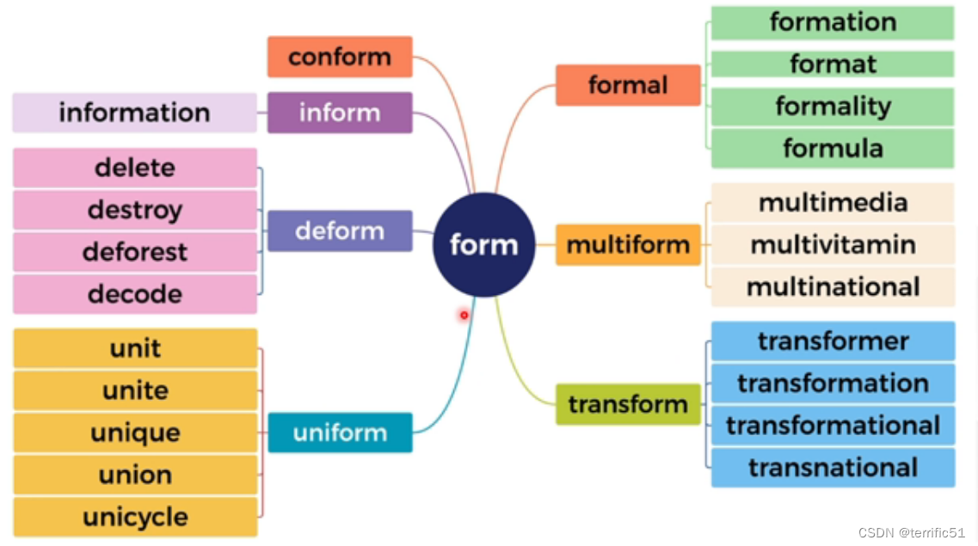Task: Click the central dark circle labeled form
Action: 484,245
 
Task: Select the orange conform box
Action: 340,57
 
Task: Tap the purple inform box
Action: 340,113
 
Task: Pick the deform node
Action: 340,230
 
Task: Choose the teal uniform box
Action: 340,433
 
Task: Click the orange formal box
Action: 628,85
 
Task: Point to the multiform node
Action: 628,245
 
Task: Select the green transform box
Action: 628,404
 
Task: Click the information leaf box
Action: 134,113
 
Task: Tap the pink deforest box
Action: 135,252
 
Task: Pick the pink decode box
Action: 135,294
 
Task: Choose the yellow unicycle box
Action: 135,517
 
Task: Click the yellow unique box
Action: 135,433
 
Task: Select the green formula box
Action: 833,148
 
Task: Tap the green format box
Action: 833,64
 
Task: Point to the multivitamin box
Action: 833,245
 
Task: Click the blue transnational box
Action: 833,468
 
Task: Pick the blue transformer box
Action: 833,341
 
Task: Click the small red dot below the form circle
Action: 464,315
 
